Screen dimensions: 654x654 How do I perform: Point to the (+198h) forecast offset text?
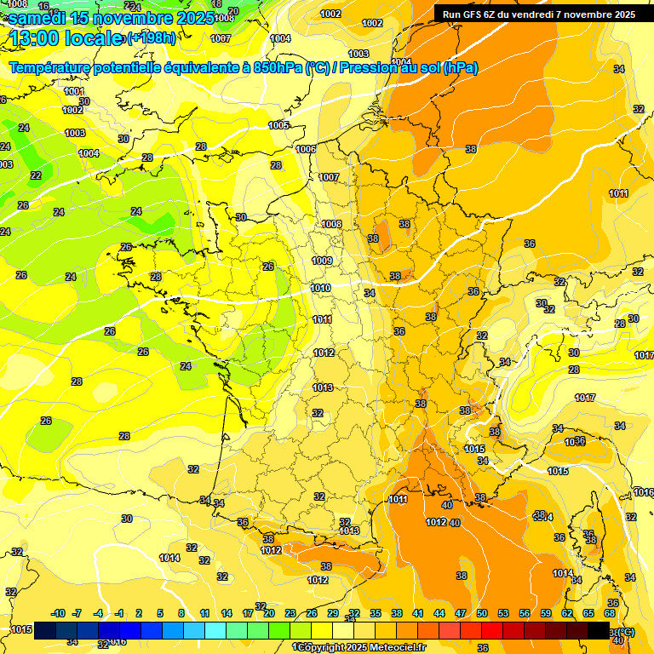tap(151, 37)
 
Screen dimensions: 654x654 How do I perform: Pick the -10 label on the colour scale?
tap(59, 613)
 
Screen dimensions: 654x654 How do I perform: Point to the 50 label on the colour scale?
tap(481, 613)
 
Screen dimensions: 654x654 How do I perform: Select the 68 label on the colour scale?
tap(610, 613)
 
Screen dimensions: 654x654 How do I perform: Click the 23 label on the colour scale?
tap(290, 613)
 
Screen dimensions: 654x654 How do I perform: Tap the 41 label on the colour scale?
tap(418, 613)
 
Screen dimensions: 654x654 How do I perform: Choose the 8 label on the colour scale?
tap(181, 613)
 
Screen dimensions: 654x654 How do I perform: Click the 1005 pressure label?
tap(278, 125)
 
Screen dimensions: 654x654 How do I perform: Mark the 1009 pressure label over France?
tap(322, 261)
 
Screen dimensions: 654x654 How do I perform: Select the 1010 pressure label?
tap(320, 289)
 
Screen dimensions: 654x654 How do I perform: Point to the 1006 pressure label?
tap(306, 149)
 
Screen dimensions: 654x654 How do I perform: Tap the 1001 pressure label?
tap(74, 91)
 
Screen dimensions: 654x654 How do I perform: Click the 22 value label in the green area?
tap(36, 175)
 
